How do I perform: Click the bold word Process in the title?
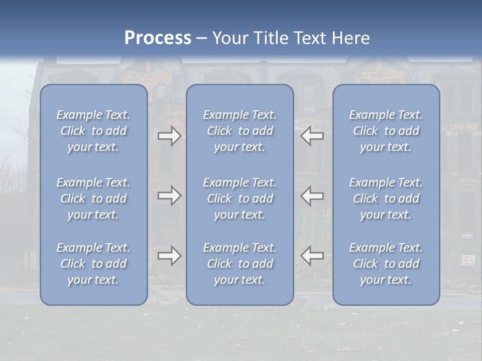[158, 38]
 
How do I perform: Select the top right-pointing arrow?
[169, 136]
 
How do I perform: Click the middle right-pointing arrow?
[169, 196]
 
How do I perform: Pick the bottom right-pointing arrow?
[169, 256]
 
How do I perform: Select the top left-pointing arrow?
[312, 136]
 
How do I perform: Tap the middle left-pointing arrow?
[312, 196]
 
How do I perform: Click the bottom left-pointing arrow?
[312, 256]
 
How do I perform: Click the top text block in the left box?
[93, 131]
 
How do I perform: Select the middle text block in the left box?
[93, 199]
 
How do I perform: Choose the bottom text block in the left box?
[93, 264]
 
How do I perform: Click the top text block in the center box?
[239, 131]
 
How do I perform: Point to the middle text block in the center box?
[239, 199]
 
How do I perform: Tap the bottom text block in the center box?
[239, 264]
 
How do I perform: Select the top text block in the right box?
[386, 131]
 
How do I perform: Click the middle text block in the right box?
[386, 199]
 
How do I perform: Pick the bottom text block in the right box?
[386, 264]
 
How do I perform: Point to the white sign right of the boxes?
[468, 259]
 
